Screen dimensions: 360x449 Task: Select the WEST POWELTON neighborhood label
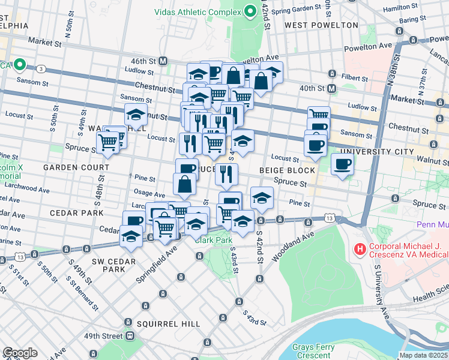321,25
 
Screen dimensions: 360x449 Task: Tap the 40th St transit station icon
332,88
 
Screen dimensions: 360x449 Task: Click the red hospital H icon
360,248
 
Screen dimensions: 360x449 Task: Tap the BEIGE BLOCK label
287,170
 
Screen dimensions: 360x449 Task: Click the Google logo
20,353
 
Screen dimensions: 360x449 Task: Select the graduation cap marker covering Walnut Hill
136,114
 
